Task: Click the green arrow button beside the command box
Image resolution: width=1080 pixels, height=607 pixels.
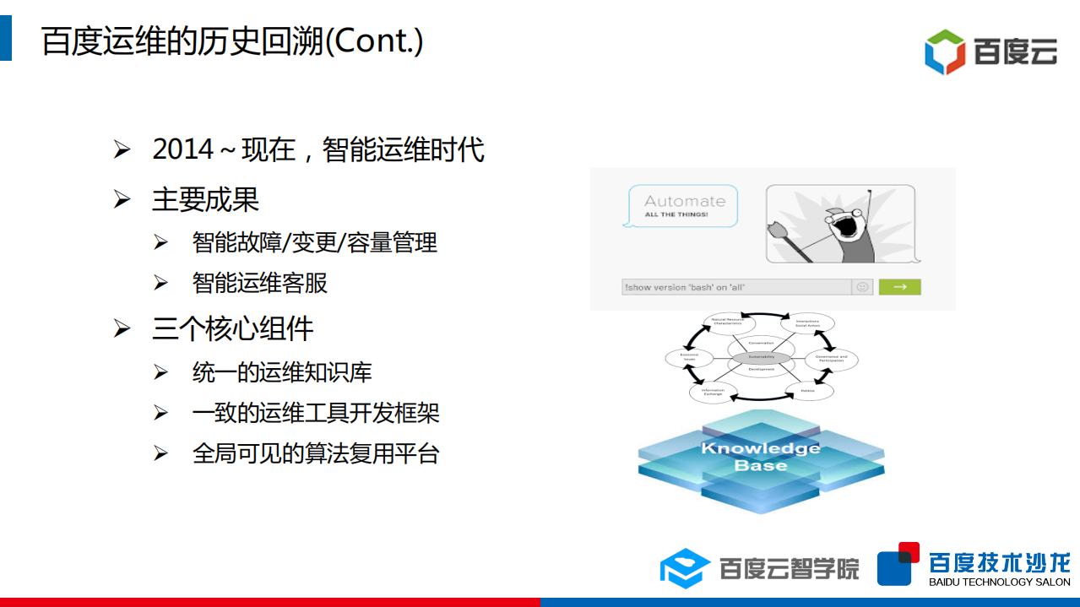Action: (x=899, y=287)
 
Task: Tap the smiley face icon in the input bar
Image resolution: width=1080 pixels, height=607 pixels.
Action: (x=862, y=287)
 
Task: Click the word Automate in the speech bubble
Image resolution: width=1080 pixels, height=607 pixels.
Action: (x=685, y=201)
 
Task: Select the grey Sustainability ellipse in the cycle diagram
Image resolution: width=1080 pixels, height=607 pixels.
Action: (x=761, y=357)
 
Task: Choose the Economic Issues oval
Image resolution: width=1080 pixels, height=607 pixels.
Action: (x=689, y=358)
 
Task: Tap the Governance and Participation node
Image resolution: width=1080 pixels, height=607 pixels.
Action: (x=832, y=359)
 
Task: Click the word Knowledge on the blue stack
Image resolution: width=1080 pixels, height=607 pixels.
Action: (x=760, y=448)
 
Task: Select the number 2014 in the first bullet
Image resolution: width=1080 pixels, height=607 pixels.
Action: (x=183, y=149)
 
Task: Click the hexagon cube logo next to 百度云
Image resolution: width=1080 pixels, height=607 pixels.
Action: (x=945, y=52)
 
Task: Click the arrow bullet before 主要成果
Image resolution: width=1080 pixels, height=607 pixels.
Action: (x=122, y=200)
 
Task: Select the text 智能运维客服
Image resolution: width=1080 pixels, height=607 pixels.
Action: (x=259, y=283)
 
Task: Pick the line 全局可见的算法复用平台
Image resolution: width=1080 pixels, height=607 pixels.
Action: (x=316, y=453)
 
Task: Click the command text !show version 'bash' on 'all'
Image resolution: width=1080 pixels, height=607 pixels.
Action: (x=685, y=288)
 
